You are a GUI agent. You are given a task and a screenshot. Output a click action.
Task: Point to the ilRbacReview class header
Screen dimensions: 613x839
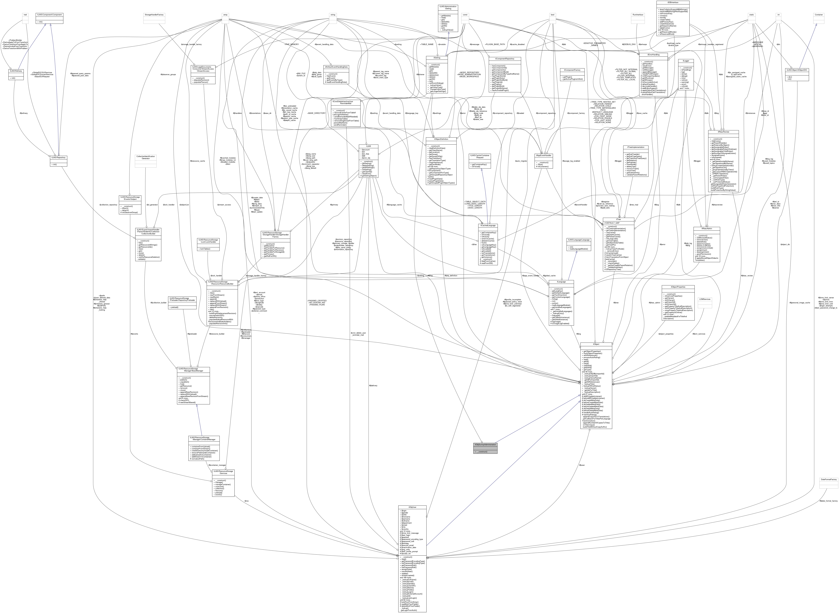click(723, 132)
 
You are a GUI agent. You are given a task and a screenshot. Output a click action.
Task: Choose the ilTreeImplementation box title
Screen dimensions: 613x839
click(635, 147)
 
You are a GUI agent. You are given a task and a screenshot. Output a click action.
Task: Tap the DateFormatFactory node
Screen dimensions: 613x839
click(828, 479)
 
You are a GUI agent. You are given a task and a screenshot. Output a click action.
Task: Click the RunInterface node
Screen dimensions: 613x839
click(638, 15)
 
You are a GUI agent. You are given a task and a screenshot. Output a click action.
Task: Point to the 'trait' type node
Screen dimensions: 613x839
click(25, 15)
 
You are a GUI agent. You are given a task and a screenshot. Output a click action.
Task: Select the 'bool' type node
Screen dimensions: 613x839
click(552, 15)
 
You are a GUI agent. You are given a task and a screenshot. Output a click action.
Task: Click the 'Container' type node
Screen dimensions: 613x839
click(819, 15)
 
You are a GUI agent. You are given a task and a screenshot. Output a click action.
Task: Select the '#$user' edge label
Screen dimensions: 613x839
click(583, 465)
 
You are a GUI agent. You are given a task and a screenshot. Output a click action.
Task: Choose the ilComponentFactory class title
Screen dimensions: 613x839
click(572, 70)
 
